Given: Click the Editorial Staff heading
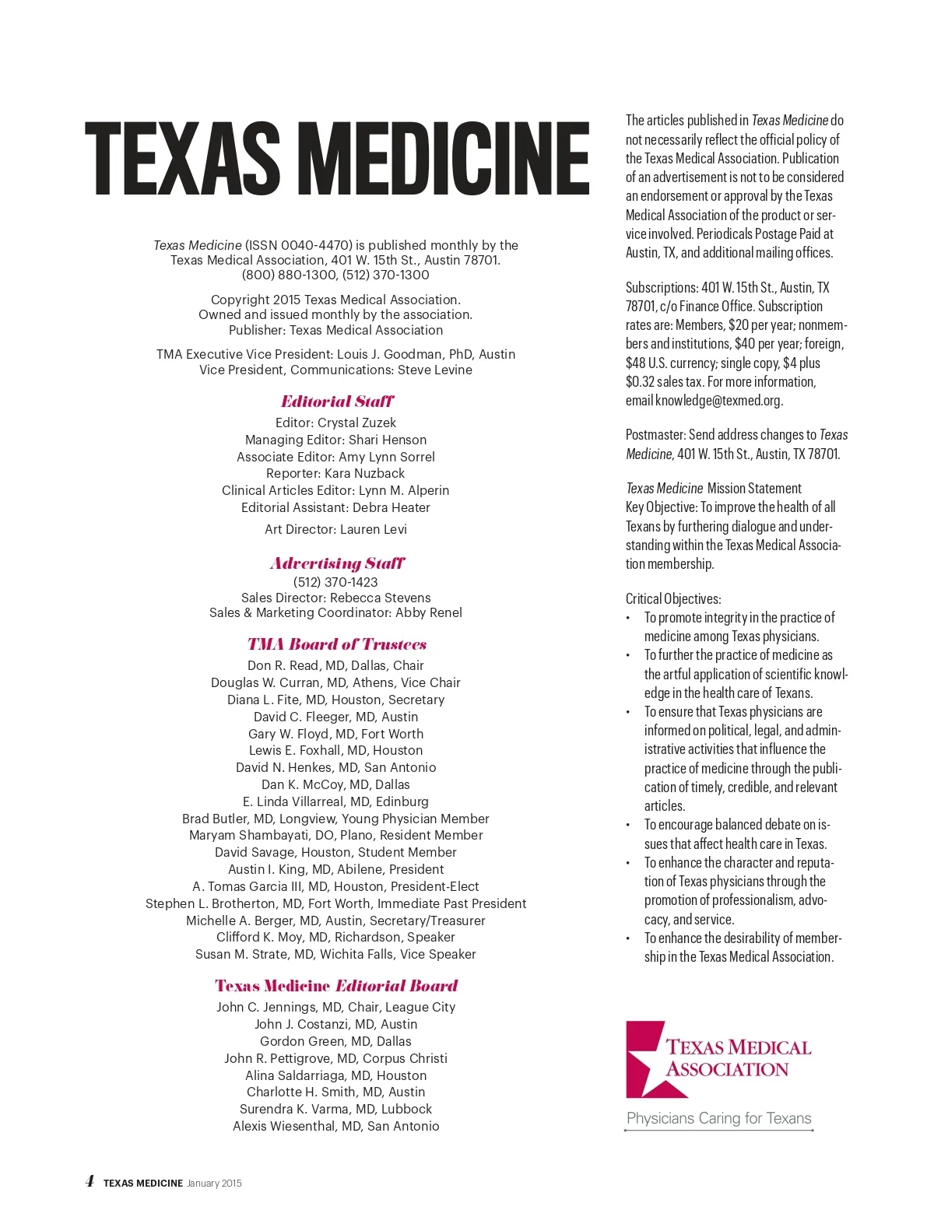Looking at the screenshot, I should (337, 402).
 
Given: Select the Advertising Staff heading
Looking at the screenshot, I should (337, 563).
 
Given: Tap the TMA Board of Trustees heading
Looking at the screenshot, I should (337, 644).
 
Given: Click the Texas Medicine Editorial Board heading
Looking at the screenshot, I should (336, 986).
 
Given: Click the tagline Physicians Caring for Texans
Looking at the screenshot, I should (718, 1118).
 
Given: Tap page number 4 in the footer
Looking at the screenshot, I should (90, 1181).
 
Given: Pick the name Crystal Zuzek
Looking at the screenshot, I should (356, 423).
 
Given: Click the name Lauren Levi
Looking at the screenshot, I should (373, 529).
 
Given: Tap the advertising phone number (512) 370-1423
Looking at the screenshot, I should (335, 582).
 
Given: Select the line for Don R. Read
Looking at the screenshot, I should (335, 665).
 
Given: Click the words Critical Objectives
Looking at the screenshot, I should (673, 599).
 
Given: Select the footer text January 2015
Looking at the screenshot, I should (214, 1184).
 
